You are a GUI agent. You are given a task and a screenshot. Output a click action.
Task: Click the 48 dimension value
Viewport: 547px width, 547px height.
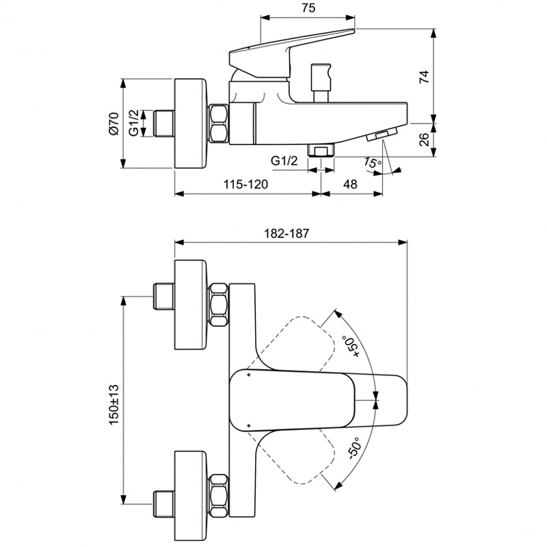(349, 184)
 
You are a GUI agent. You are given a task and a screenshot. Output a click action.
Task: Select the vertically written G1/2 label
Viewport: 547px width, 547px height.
(135, 123)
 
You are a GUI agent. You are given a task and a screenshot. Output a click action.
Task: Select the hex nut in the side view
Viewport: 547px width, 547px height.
(219, 123)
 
